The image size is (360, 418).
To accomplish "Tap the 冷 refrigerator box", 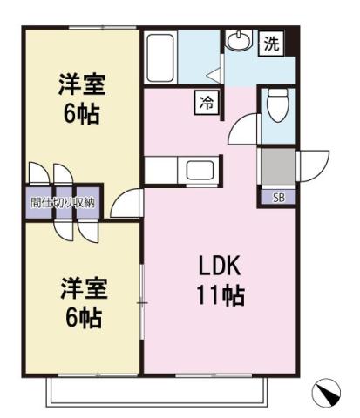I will (x=207, y=103).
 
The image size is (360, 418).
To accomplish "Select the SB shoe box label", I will (x=279, y=197).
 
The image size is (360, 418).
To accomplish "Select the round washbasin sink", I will (x=237, y=40).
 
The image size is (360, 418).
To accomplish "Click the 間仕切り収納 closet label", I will (x=63, y=202).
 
